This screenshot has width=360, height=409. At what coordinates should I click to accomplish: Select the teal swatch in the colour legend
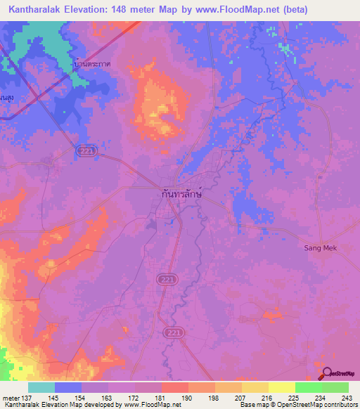(41, 388)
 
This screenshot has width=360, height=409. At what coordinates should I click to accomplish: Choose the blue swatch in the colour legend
(68, 388)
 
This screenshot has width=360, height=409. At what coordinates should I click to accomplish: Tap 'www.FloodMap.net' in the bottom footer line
(148, 405)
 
